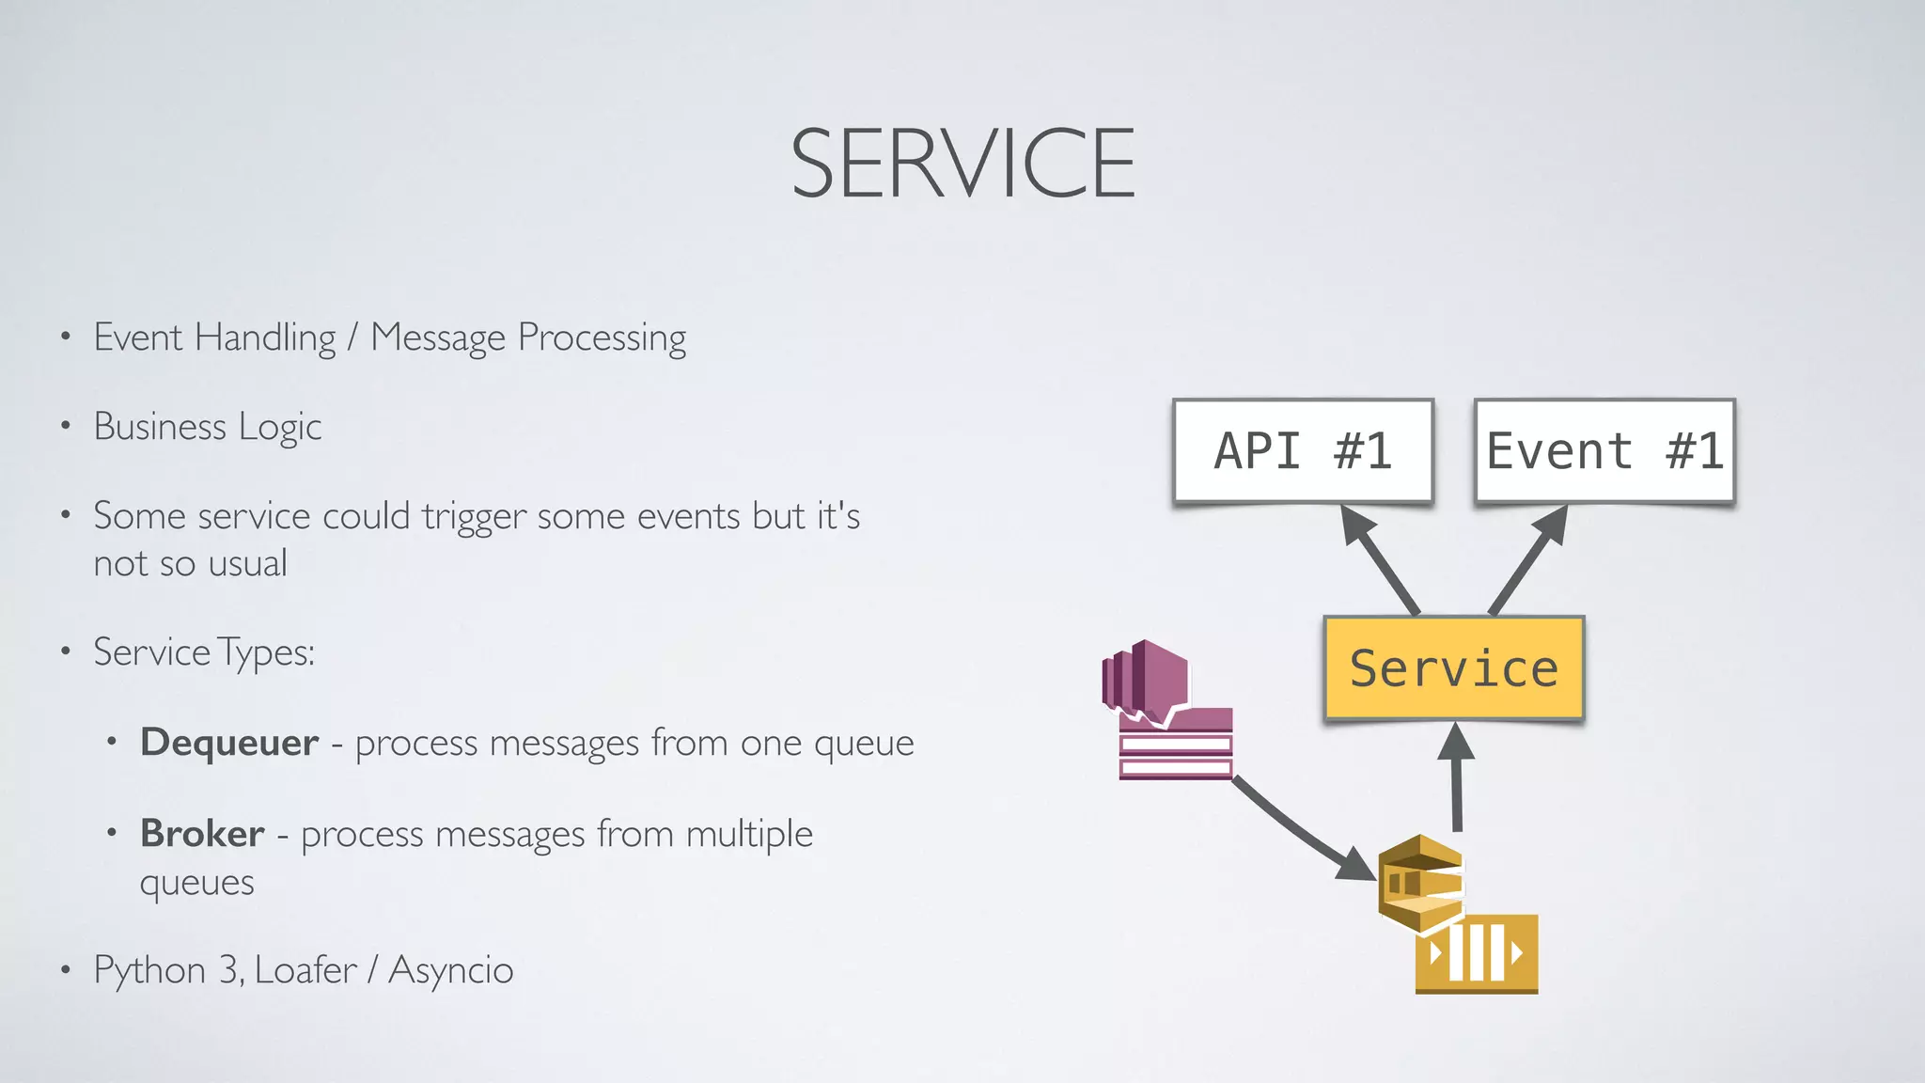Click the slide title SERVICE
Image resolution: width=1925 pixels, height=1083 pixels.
coord(962,164)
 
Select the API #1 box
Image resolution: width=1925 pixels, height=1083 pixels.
coord(1303,451)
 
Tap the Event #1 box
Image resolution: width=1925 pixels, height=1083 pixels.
coord(1604,451)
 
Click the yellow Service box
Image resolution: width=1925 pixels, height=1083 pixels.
coord(1453,668)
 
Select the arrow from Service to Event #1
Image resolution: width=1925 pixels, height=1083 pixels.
coord(1528,561)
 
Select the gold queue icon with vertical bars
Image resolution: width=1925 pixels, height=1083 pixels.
coord(1477,953)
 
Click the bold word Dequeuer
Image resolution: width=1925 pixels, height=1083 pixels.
coord(229,743)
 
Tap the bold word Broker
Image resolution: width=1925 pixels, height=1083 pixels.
coord(202,834)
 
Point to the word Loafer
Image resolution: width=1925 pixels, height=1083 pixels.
coord(305,970)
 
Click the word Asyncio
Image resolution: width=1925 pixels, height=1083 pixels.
coord(451,970)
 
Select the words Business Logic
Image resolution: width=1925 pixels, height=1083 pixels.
coord(208,428)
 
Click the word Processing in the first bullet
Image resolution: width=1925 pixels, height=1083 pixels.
coord(602,338)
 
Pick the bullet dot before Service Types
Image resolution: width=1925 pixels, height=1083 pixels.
coord(65,651)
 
